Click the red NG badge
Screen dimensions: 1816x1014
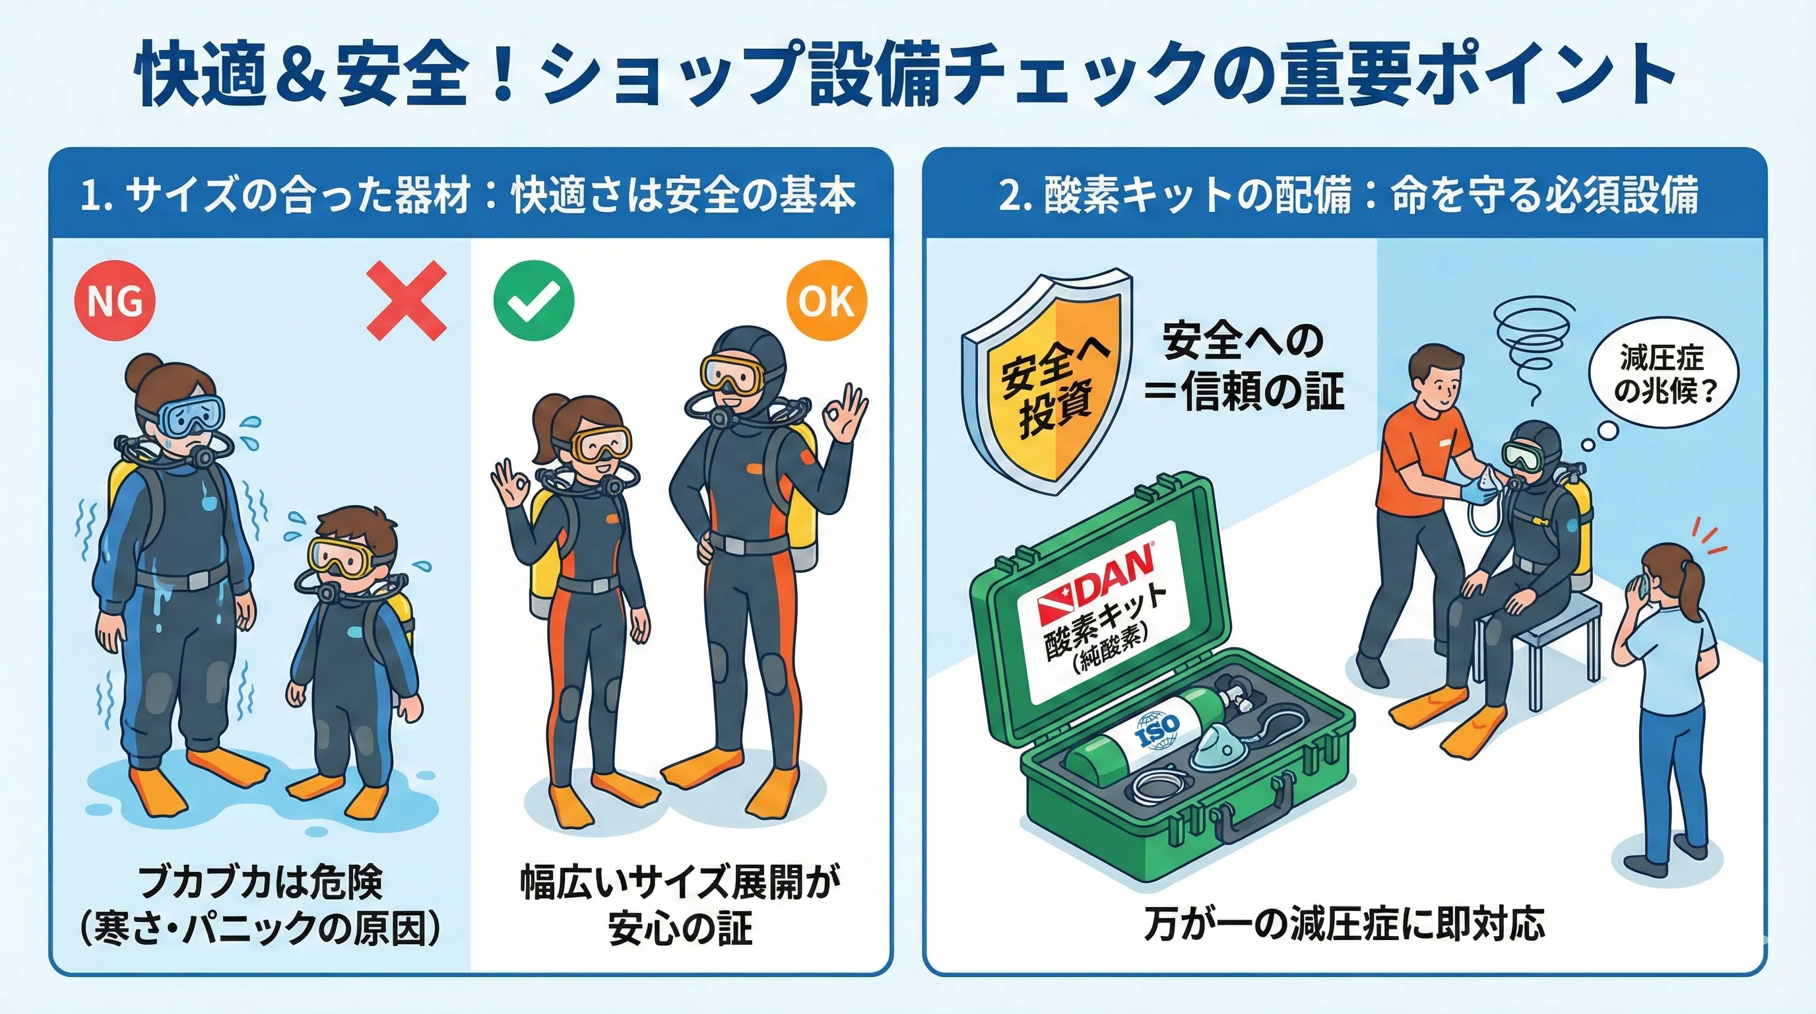(x=115, y=301)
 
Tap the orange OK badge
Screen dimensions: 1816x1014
(x=827, y=301)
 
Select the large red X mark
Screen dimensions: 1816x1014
(x=406, y=301)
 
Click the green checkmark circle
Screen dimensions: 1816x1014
(x=534, y=301)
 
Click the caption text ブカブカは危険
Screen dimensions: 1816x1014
(x=261, y=881)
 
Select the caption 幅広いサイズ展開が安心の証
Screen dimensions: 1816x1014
(x=680, y=904)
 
